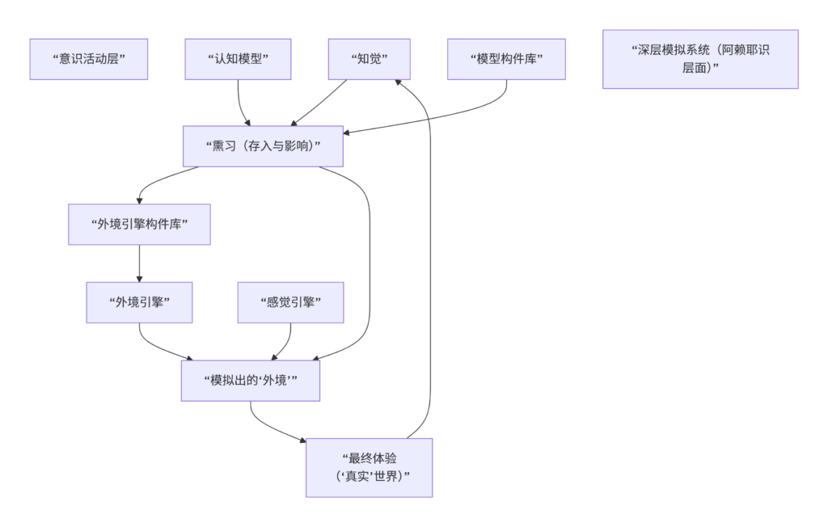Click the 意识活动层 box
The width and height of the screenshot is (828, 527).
89,59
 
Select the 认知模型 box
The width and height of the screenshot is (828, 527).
238,59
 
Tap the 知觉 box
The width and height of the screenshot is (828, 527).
369,59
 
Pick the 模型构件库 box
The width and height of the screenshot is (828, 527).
506,59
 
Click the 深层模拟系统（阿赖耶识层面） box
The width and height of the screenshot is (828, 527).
700,59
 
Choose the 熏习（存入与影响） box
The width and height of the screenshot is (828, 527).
263,145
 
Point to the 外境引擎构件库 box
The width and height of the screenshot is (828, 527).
139,224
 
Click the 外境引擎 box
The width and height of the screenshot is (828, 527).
139,302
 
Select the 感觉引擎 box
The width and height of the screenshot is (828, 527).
290,302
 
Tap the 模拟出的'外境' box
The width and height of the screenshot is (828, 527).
251,381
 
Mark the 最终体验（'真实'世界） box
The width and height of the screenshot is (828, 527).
369,467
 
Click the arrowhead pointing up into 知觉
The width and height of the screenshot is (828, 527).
396,82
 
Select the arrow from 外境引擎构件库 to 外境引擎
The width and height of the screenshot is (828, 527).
139,263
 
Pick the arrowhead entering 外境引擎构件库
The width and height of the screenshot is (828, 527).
140,200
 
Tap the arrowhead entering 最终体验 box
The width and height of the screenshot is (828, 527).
302,441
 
